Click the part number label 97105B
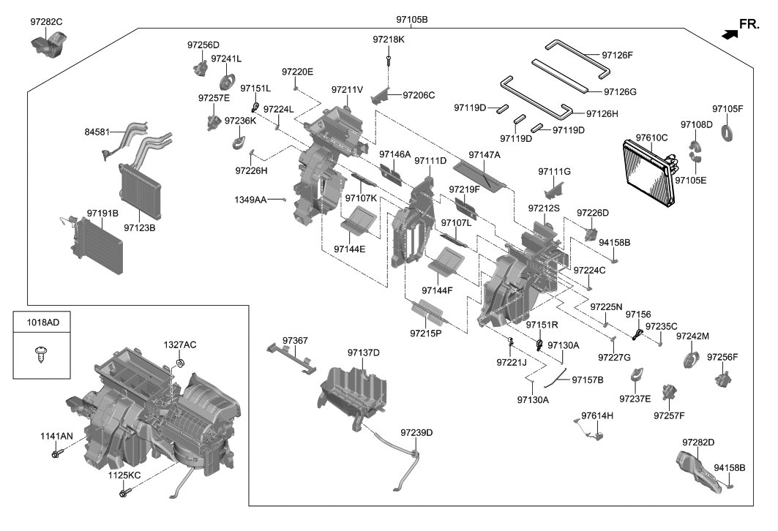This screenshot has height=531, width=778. (x=411, y=18)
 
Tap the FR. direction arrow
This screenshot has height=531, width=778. (x=728, y=33)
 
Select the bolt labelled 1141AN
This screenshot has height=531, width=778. (x=56, y=455)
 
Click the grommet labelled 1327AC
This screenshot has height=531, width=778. (x=180, y=364)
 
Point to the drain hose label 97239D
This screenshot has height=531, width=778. (x=416, y=433)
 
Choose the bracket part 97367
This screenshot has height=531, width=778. (x=294, y=358)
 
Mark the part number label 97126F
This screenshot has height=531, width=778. (x=617, y=55)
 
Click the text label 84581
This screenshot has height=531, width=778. (x=99, y=132)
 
